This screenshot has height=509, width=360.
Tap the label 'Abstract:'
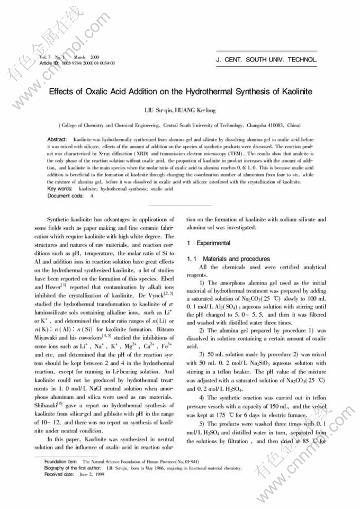coord(57,138)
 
